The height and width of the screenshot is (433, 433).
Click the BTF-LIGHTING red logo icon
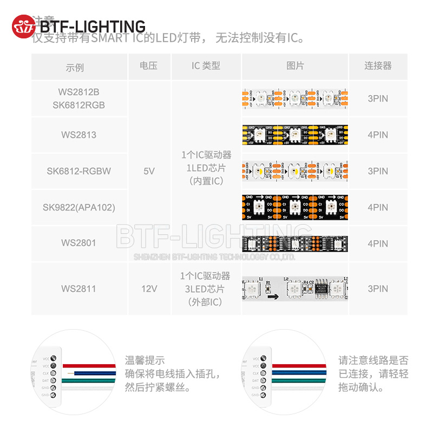pos(23,27)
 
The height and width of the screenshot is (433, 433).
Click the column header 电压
pos(148,66)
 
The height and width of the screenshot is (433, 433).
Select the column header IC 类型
pos(206,66)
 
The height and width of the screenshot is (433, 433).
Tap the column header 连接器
pos(378,66)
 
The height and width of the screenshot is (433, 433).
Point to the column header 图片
pos(295,66)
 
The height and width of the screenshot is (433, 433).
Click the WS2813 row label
pos(78,135)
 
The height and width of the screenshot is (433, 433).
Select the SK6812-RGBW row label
pos(78,171)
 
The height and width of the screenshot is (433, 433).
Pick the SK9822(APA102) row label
pos(78,207)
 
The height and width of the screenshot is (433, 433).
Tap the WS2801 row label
pos(78,243)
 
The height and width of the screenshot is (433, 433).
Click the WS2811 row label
pos(78,288)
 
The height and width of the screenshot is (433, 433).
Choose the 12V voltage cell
pos(149,288)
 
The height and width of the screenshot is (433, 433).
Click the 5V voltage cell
pos(149,171)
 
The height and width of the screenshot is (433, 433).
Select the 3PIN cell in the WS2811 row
pos(378,288)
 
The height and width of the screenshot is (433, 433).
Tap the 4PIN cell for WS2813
pos(378,135)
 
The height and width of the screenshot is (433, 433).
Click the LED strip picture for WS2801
pos(295,244)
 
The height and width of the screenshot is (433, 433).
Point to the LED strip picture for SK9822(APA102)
pos(295,207)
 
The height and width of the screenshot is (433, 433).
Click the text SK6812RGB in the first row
pos(78,105)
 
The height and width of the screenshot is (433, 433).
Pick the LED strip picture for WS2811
pos(295,288)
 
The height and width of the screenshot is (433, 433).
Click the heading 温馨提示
pos(145,360)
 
